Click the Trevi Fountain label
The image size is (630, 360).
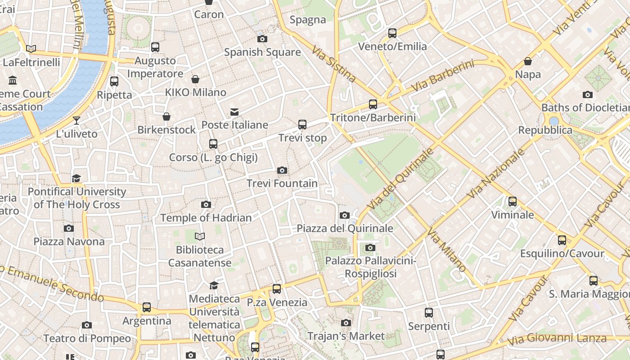coord(282,184)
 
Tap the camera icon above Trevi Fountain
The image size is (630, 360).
coord(282,170)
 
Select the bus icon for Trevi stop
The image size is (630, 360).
coord(302,124)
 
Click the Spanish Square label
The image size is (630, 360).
coord(262,52)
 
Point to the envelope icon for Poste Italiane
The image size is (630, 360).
coord(234,112)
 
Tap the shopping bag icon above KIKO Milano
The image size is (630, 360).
coord(195,79)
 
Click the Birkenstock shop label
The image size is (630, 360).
coord(166,130)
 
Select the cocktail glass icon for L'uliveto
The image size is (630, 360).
coord(76,120)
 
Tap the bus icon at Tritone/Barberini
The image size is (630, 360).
coord(373,104)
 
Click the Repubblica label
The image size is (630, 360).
coord(545,130)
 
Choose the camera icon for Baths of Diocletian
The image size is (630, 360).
coord(587,94)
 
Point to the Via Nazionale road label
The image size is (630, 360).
coord(496,174)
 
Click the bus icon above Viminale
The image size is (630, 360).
coord(513,201)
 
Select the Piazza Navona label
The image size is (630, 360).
coord(69,242)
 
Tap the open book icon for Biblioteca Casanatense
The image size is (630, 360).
coord(200,236)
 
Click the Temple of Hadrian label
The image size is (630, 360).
coord(206,218)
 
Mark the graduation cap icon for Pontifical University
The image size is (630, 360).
coord(76,178)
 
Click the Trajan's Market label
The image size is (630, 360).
coord(346,336)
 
